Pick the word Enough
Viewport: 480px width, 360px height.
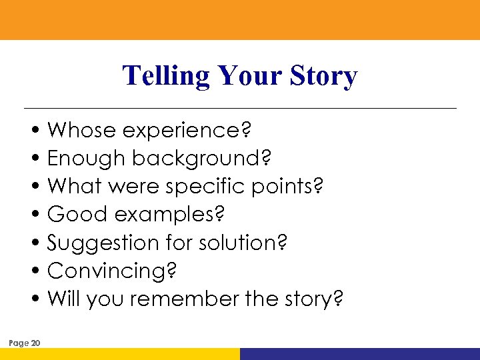tap(87, 159)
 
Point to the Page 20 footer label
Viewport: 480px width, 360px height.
tap(25, 343)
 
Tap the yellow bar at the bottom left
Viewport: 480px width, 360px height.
tap(120, 354)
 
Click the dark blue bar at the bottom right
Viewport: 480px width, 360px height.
tap(360, 354)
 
